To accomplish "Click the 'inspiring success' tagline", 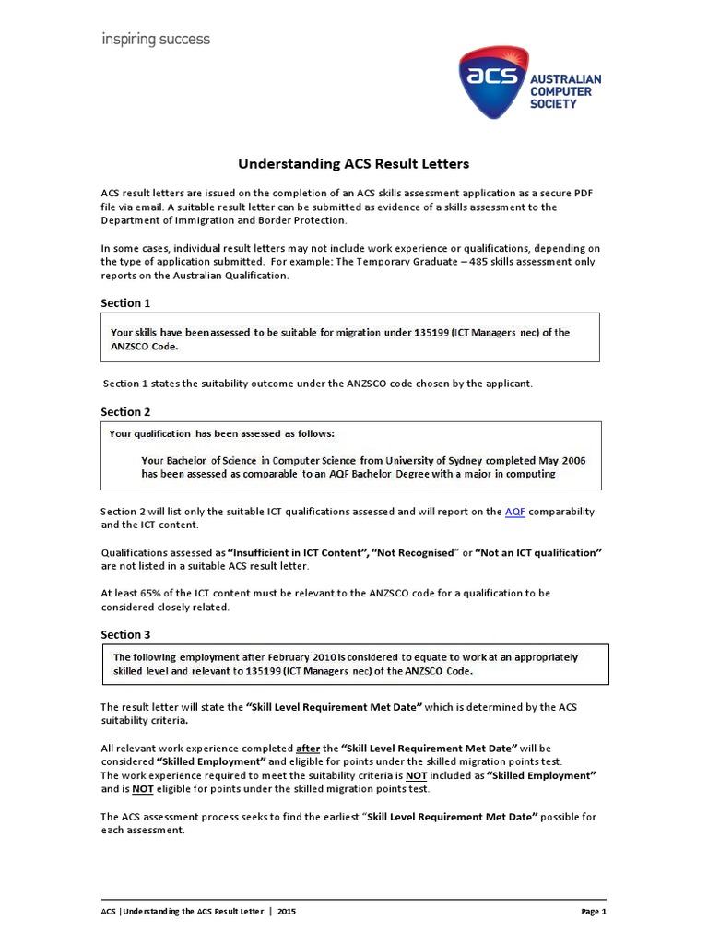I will pos(155,40).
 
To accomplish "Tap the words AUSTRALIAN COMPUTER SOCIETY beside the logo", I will pos(565,91).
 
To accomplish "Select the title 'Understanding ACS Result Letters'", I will pos(354,164).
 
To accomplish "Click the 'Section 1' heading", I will pos(125,302).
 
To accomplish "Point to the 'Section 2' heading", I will pos(125,411).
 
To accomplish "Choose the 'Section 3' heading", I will pos(125,634).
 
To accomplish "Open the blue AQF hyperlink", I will pos(515,512).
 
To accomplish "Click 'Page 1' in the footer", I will pos(593,911).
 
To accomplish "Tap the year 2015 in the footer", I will pos(287,911).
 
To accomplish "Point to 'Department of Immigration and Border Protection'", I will pos(224,220).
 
